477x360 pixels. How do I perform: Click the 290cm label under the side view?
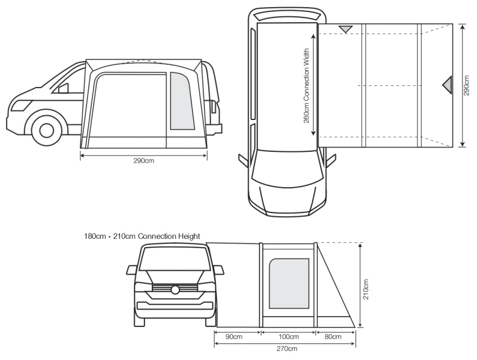(x=143, y=161)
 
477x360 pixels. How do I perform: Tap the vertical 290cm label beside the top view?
(x=467, y=85)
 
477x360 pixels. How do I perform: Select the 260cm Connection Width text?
(x=306, y=86)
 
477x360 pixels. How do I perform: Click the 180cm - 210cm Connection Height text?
(x=142, y=236)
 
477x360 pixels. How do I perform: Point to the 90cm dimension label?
(x=234, y=337)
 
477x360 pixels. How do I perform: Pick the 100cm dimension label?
(x=289, y=337)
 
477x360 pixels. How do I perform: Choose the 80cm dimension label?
(x=332, y=337)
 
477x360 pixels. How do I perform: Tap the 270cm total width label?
(x=287, y=349)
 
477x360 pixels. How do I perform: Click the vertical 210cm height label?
(x=366, y=289)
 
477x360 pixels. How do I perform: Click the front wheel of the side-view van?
(x=46, y=130)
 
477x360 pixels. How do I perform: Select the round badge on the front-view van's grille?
(x=175, y=290)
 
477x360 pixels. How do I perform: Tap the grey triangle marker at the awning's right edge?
(x=447, y=85)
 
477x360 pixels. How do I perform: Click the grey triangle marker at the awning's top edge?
(x=346, y=29)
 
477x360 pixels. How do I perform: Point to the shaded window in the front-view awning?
(x=289, y=283)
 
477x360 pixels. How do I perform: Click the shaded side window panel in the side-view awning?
(x=182, y=101)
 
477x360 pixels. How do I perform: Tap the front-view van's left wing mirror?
(x=132, y=270)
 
